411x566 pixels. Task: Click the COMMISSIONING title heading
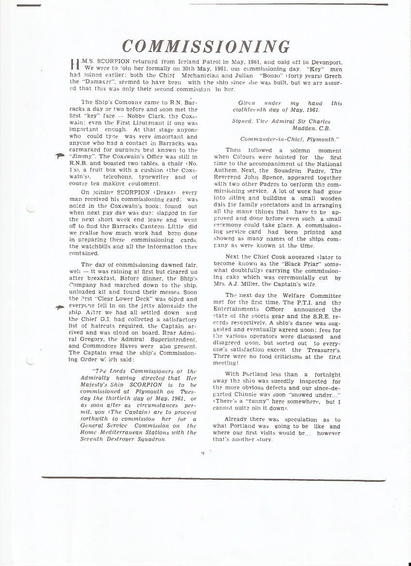click(x=205, y=47)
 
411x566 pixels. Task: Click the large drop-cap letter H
click(x=75, y=65)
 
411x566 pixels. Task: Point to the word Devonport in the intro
click(x=324, y=62)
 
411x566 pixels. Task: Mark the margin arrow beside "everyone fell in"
click(x=60, y=307)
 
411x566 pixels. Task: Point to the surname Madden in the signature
click(x=304, y=128)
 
